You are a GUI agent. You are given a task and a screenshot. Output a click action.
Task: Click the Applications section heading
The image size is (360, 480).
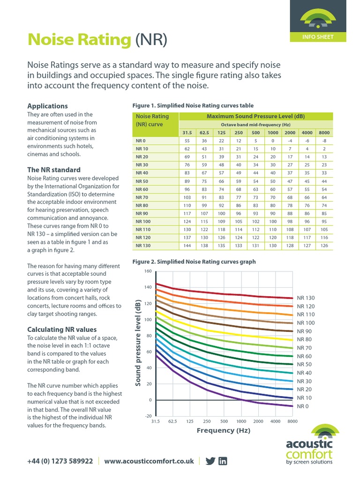47,106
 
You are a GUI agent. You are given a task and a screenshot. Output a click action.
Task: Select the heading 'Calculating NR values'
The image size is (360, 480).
62,330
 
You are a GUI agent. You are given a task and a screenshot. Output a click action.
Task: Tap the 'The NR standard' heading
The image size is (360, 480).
53,170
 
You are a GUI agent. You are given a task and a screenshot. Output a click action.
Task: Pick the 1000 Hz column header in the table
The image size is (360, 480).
273,133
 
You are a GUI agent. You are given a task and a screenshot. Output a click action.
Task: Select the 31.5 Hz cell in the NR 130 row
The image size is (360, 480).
187,245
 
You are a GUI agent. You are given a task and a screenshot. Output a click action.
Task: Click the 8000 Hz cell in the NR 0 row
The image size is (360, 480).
323,141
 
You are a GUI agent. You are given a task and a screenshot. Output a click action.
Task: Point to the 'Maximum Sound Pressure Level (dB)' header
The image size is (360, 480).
256,116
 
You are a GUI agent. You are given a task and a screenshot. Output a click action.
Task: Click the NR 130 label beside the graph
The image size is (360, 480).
307,298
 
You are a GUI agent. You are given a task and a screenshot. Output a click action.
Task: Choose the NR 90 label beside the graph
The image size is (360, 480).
305,331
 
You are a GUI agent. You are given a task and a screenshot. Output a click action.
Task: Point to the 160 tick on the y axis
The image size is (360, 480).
148,271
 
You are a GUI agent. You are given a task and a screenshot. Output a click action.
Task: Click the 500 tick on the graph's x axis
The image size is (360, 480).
224,421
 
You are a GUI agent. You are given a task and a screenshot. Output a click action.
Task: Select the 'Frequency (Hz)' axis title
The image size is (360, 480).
224,430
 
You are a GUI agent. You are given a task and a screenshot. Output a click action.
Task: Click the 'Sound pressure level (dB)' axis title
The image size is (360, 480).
138,344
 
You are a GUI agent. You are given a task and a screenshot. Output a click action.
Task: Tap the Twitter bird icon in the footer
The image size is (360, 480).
210,461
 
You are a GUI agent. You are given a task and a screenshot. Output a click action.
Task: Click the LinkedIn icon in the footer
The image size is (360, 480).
223,461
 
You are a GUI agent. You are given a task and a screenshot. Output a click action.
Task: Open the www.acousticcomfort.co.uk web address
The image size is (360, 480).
149,461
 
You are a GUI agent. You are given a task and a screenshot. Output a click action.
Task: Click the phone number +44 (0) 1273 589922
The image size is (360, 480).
60,461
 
